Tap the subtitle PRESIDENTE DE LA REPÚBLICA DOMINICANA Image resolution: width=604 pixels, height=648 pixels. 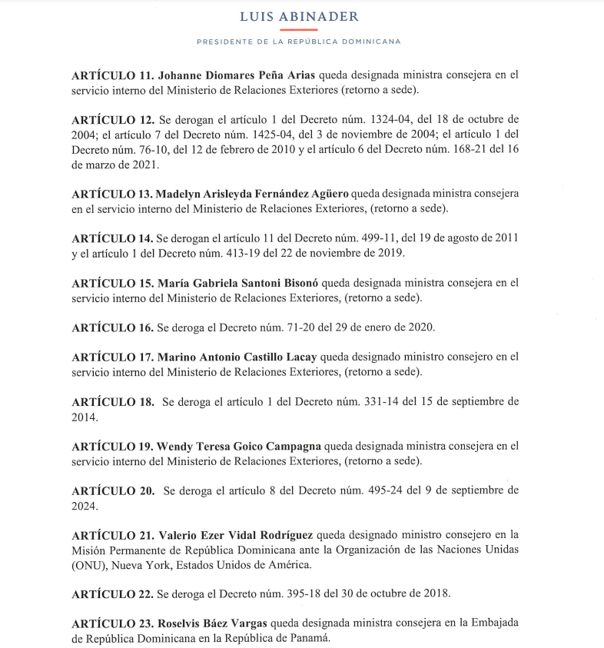[x=299, y=42]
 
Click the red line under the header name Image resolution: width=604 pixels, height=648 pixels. [x=299, y=29]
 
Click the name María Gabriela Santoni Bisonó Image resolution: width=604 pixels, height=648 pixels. [x=244, y=283]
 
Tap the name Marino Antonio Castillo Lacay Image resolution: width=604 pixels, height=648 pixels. [x=237, y=357]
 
